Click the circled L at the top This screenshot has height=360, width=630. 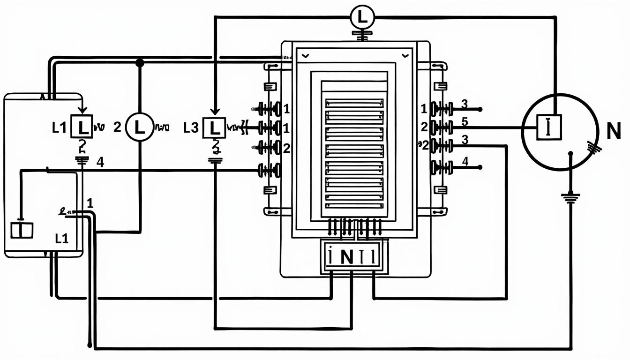pyautogui.click(x=362, y=17)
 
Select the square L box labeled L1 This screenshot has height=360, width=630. pyautogui.click(x=82, y=127)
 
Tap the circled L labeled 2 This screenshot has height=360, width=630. pyautogui.click(x=140, y=127)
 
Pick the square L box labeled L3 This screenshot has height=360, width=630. pyautogui.click(x=214, y=127)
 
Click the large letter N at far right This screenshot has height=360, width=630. pyautogui.click(x=613, y=133)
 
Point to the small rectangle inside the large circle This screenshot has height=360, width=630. pyautogui.click(x=548, y=127)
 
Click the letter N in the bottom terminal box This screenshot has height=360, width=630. pyautogui.click(x=347, y=258)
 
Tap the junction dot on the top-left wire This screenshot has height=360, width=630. pyautogui.click(x=139, y=62)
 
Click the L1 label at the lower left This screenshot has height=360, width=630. pyautogui.click(x=62, y=239)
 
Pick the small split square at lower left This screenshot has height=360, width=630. pyautogui.click(x=22, y=230)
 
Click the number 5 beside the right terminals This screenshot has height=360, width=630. pyautogui.click(x=465, y=122)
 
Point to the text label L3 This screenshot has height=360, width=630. pyautogui.click(x=191, y=127)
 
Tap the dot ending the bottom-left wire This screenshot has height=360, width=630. pyautogui.click(x=89, y=345)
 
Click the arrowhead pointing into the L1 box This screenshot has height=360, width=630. pyautogui.click(x=82, y=111)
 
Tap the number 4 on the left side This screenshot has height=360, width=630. pyautogui.click(x=99, y=163)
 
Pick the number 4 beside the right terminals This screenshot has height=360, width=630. pyautogui.click(x=465, y=161)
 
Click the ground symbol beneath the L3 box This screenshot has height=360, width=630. pyautogui.click(x=215, y=160)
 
